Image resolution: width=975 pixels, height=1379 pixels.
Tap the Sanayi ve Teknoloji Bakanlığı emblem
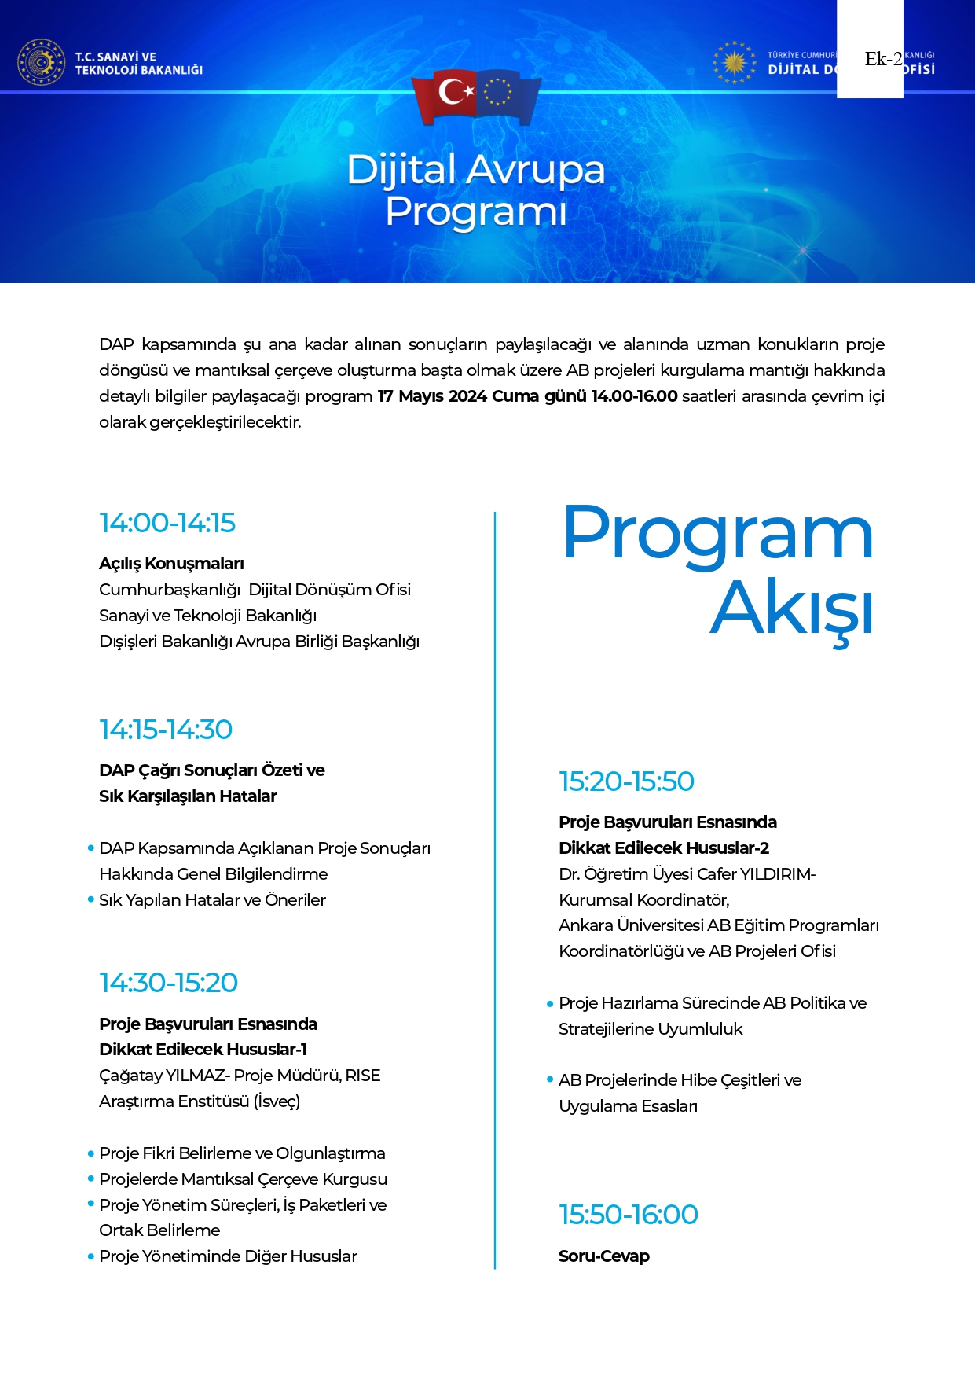click(x=41, y=62)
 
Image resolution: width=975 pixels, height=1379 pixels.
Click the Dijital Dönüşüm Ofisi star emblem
click(x=734, y=62)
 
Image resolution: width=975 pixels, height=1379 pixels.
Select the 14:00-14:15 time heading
click(x=167, y=523)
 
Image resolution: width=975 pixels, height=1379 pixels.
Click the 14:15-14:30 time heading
click(x=166, y=730)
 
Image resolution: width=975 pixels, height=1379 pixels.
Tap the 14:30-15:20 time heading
click(x=168, y=983)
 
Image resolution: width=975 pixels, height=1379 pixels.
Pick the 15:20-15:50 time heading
click(x=626, y=781)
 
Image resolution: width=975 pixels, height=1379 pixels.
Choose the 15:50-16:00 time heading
click(x=629, y=1215)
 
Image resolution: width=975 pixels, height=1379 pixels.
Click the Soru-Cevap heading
click(x=603, y=1256)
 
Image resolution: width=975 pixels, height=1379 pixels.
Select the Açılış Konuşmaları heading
click(x=171, y=564)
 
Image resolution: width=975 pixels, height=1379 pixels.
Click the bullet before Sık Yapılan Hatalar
click(x=91, y=900)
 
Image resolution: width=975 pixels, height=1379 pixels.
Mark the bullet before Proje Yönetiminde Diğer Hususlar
click(x=91, y=1256)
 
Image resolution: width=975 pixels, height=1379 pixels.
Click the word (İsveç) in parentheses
click(x=277, y=1101)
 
